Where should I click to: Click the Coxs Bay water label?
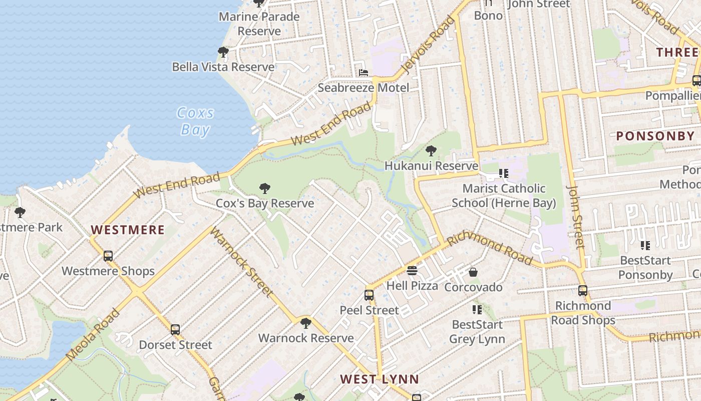tap(196, 121)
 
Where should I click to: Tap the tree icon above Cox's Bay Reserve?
tap(265, 188)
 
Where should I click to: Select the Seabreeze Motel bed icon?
tap(364, 73)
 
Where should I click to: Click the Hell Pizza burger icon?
tap(412, 271)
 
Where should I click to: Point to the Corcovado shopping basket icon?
tap(473, 272)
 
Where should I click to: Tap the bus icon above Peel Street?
tap(369, 295)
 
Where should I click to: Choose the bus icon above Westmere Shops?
tap(108, 256)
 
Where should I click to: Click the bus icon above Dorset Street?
tap(175, 330)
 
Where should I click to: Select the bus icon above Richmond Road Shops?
tap(582, 291)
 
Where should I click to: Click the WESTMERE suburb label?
tap(128, 230)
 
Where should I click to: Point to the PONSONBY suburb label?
tap(655, 136)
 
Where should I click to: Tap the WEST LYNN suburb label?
tap(380, 379)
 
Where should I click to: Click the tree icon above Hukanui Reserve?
tap(431, 150)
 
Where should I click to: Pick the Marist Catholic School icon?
tap(503, 173)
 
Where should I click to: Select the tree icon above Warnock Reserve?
tap(305, 323)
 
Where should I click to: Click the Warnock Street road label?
tap(241, 262)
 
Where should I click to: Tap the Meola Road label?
tap(94, 334)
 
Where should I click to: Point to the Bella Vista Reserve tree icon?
tap(223, 52)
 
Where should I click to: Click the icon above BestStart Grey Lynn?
tap(477, 309)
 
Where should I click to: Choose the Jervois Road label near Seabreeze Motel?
tap(430, 45)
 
